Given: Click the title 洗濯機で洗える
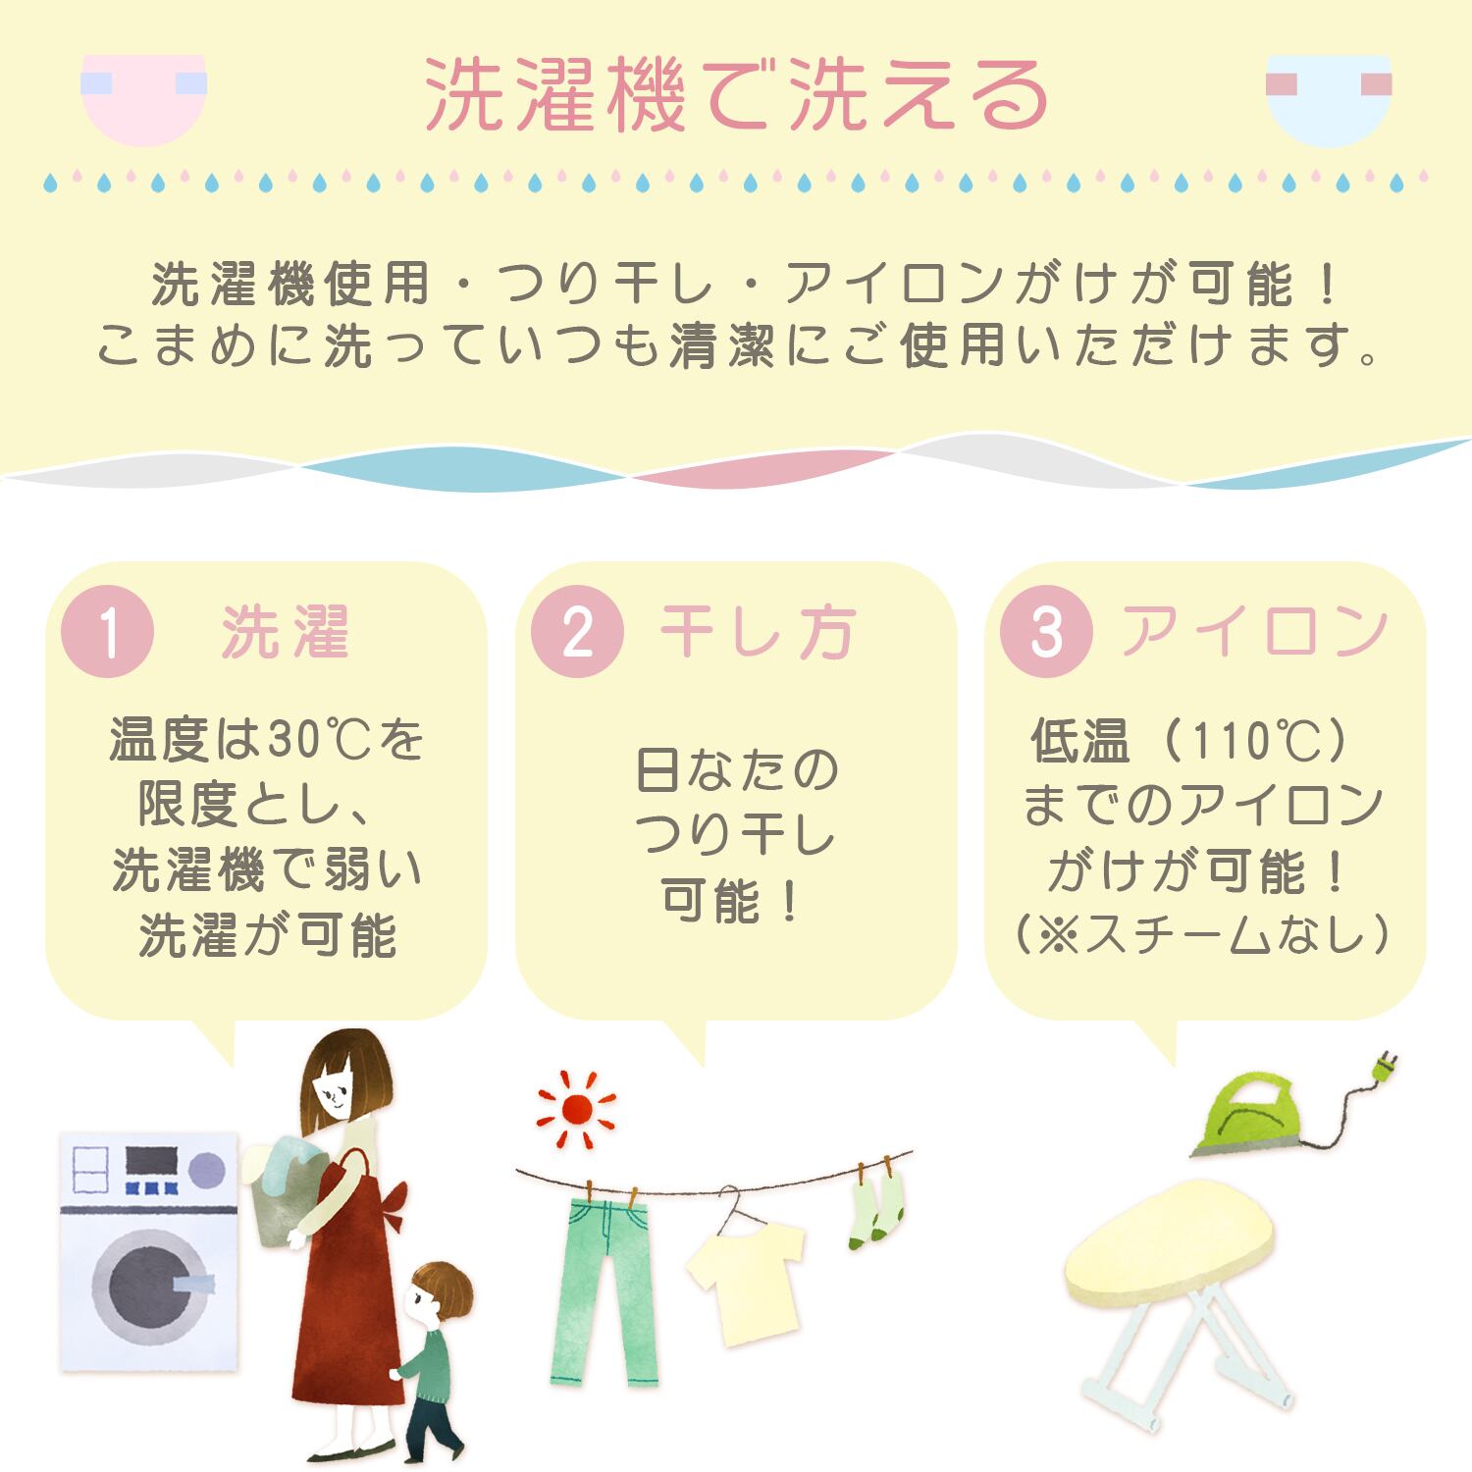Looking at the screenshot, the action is [736, 96].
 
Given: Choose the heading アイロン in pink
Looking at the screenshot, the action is [1255, 631].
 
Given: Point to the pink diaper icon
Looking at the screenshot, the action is [143, 98].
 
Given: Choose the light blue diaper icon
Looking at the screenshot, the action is [1329, 98].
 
